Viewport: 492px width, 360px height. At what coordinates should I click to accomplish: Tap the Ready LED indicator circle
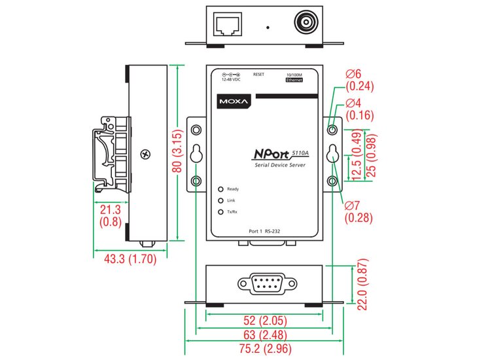[x=221, y=189]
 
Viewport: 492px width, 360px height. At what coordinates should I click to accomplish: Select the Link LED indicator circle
[x=221, y=200]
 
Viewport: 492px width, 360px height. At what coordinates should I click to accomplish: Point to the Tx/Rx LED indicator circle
[x=221, y=212]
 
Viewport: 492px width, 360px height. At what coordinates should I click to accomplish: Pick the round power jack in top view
[x=306, y=24]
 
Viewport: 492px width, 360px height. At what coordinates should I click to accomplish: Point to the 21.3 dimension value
[x=109, y=210]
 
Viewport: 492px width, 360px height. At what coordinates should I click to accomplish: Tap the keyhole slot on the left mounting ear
[x=196, y=153]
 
